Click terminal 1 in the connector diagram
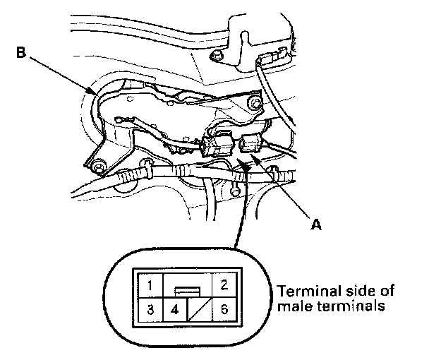point(151,286)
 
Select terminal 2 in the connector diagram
point(222,286)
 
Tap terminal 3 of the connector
point(151,309)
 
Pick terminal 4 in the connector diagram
point(175,309)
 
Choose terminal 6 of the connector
point(222,309)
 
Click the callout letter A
point(317,224)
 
